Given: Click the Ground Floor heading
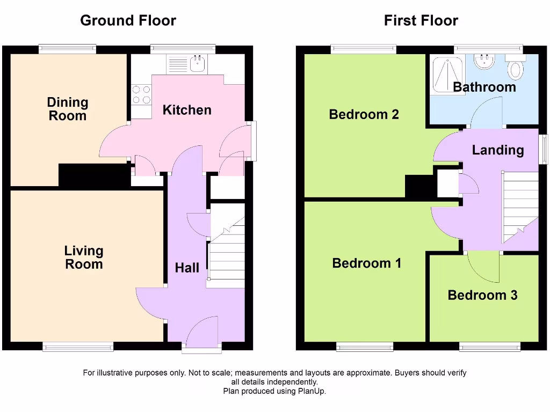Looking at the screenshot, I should (128, 21).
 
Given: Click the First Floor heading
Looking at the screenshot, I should (421, 21).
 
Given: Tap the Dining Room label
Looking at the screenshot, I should (68, 109).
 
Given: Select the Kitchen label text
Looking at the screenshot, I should (187, 110).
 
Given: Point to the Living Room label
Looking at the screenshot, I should (84, 257).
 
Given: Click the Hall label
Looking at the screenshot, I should (187, 268).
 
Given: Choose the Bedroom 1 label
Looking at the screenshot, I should (367, 263).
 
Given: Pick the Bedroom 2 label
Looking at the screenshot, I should (364, 114).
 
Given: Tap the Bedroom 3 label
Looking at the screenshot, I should (482, 295).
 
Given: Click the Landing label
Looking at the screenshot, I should (498, 150).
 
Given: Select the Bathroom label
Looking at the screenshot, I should (484, 87).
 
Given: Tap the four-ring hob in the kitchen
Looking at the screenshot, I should (141, 95).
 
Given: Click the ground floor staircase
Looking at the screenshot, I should (227, 252).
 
